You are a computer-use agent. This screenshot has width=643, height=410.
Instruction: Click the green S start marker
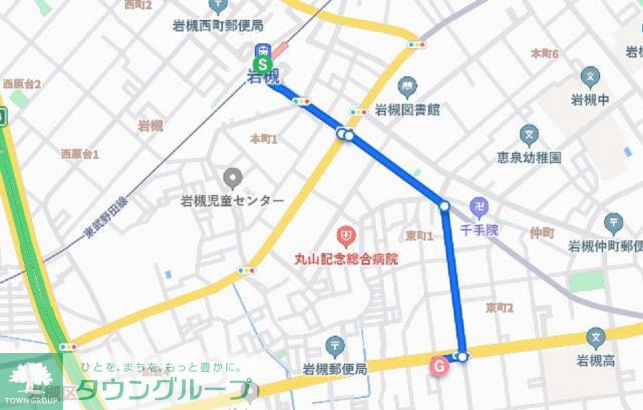(263, 65)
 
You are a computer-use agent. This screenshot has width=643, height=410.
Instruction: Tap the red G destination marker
(439, 366)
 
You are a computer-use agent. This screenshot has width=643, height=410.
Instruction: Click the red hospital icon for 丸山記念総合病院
(346, 236)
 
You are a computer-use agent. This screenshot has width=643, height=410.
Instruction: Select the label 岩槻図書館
(407, 110)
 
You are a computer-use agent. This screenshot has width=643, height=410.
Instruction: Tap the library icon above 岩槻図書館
(406, 86)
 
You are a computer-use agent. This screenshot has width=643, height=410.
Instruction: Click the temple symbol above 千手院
(478, 207)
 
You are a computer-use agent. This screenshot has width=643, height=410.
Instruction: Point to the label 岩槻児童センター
(232, 200)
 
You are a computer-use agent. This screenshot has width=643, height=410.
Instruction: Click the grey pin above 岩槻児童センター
(232, 178)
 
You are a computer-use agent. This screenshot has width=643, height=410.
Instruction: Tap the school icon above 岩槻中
(590, 77)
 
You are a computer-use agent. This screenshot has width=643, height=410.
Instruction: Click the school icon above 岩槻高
(595, 338)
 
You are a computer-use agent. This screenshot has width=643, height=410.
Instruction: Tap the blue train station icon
(263, 50)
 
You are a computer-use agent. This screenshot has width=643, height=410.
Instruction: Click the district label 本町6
(544, 53)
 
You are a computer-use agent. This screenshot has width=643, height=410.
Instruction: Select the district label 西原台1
(80, 154)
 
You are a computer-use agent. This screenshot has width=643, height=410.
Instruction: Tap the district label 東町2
(499, 307)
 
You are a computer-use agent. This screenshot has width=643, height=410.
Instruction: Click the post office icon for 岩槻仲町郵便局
(613, 223)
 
